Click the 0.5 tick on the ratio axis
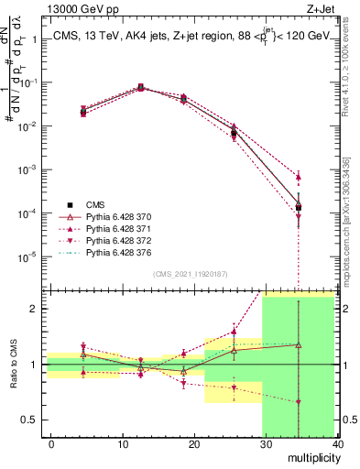29,420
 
